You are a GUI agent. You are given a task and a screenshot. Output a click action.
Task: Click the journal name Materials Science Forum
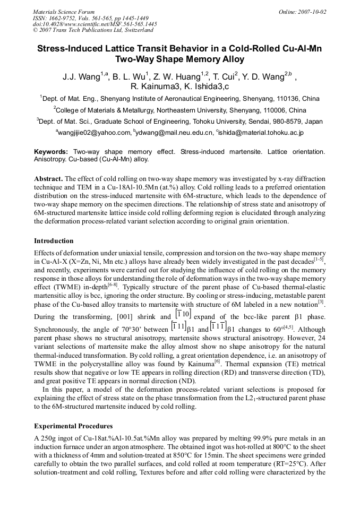pos(64,12)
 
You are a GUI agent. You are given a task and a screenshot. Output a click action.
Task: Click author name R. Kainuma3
pos(154,87)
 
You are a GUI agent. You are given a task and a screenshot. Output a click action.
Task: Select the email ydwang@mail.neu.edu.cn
pos(173,133)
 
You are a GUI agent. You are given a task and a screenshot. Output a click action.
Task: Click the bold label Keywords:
pos(51,152)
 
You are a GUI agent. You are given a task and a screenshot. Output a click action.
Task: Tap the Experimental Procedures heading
pos(74,426)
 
